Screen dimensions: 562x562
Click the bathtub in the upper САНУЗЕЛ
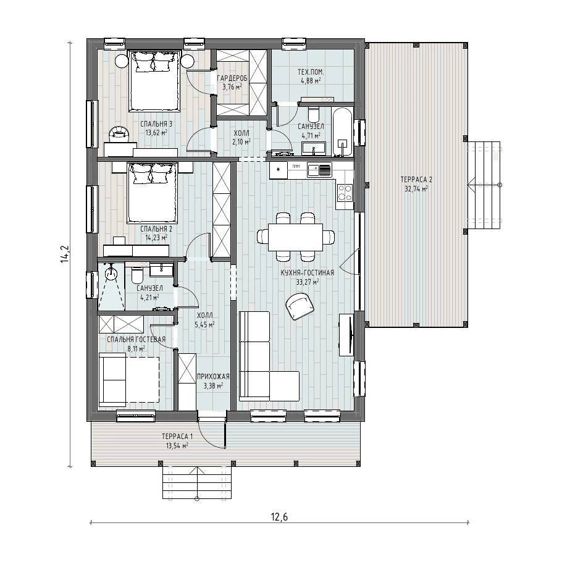point(343,132)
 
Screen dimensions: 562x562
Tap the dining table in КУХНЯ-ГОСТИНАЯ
point(295,237)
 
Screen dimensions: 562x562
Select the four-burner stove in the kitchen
point(345,193)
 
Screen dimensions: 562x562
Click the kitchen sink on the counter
point(319,170)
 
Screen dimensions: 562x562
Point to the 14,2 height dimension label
point(65,254)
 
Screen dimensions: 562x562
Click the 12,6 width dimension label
point(279,517)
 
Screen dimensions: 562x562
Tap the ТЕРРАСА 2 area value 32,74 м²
point(416,189)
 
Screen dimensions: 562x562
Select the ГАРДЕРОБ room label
point(232,78)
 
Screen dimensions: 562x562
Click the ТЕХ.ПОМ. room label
point(311,72)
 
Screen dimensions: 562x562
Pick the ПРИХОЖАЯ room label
point(213,377)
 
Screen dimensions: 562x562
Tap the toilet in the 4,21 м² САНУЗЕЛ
point(137,275)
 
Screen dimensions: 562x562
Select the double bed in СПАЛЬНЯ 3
point(154,81)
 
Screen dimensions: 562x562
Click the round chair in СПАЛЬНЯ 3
point(119,133)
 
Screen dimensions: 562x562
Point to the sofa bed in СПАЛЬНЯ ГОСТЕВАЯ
point(128,380)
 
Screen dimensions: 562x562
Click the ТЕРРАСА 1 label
point(177,437)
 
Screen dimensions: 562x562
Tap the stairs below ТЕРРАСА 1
point(197,482)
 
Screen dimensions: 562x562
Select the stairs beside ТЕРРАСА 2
point(484,185)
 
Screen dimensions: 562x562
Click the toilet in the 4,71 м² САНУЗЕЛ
point(313,114)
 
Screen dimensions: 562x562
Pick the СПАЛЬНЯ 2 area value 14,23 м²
point(156,237)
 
